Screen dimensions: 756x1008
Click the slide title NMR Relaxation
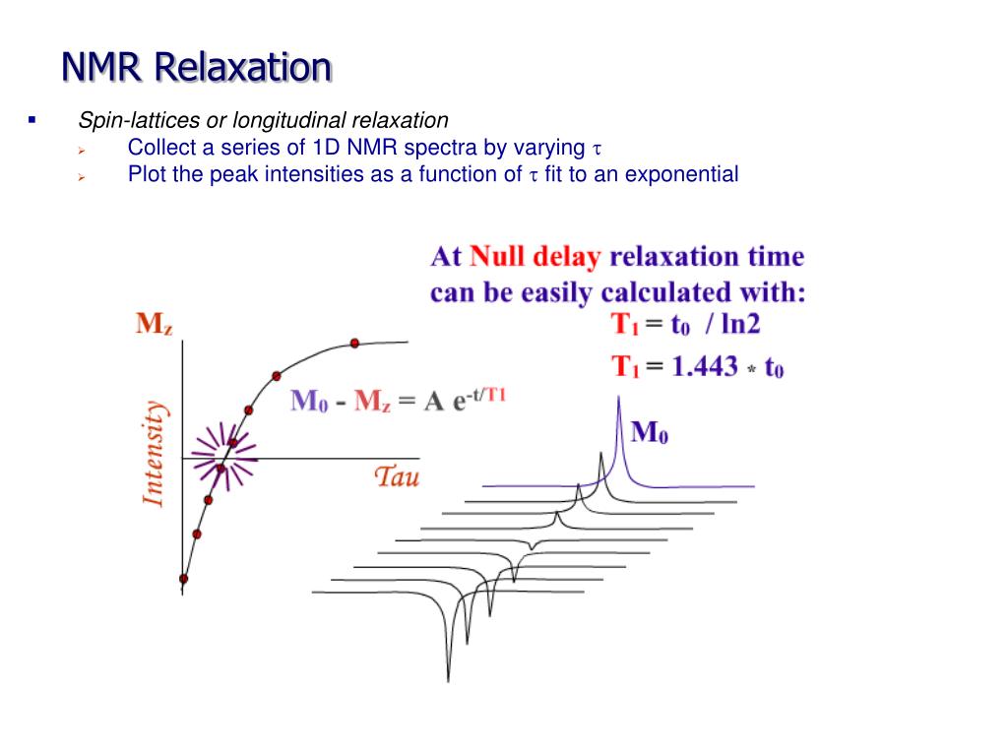pyautogui.click(x=197, y=67)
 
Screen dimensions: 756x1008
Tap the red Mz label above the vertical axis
pyautogui.click(x=155, y=325)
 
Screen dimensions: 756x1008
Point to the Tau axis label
pyautogui.click(x=397, y=477)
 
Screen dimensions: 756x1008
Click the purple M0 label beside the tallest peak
pyautogui.click(x=650, y=431)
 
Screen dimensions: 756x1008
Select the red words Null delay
pyautogui.click(x=535, y=258)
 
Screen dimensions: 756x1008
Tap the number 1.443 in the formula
pyautogui.click(x=705, y=367)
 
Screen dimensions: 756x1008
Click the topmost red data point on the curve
pyautogui.click(x=354, y=343)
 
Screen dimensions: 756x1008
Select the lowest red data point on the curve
pyautogui.click(x=183, y=579)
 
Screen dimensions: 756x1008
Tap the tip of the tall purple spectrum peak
pyautogui.click(x=617, y=398)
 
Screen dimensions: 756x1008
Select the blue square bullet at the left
pyautogui.click(x=31, y=121)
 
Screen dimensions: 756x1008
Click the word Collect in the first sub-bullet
pyautogui.click(x=160, y=148)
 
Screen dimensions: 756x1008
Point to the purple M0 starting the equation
pyautogui.click(x=309, y=402)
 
